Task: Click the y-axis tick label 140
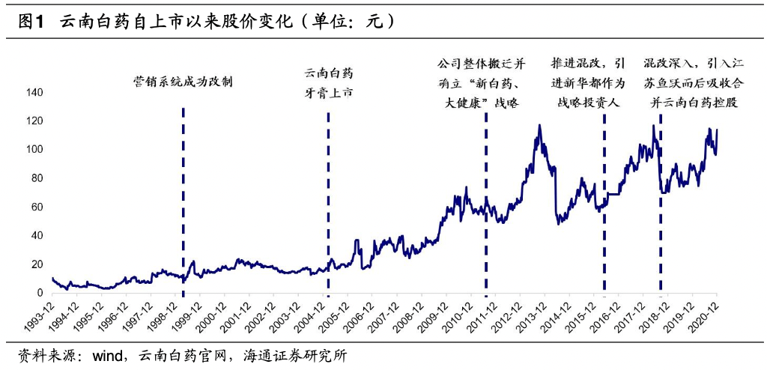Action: point(34,93)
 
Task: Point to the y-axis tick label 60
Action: point(37,207)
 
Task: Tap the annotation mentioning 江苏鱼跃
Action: point(694,82)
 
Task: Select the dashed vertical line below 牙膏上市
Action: point(328,202)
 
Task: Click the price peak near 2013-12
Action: point(539,126)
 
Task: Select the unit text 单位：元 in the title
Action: point(348,22)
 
